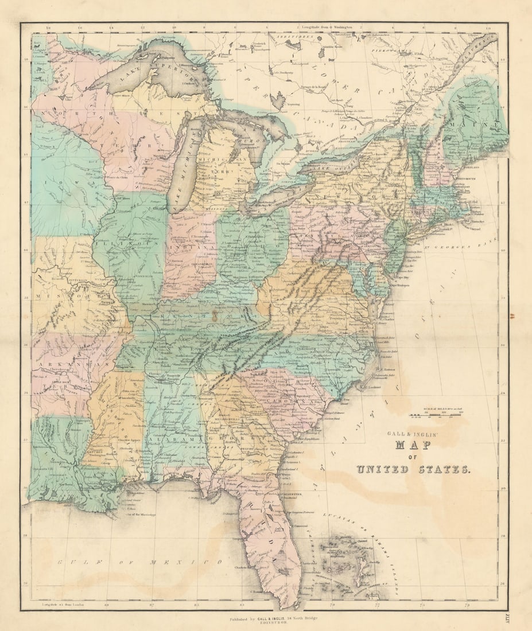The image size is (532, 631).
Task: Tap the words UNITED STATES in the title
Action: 413,469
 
